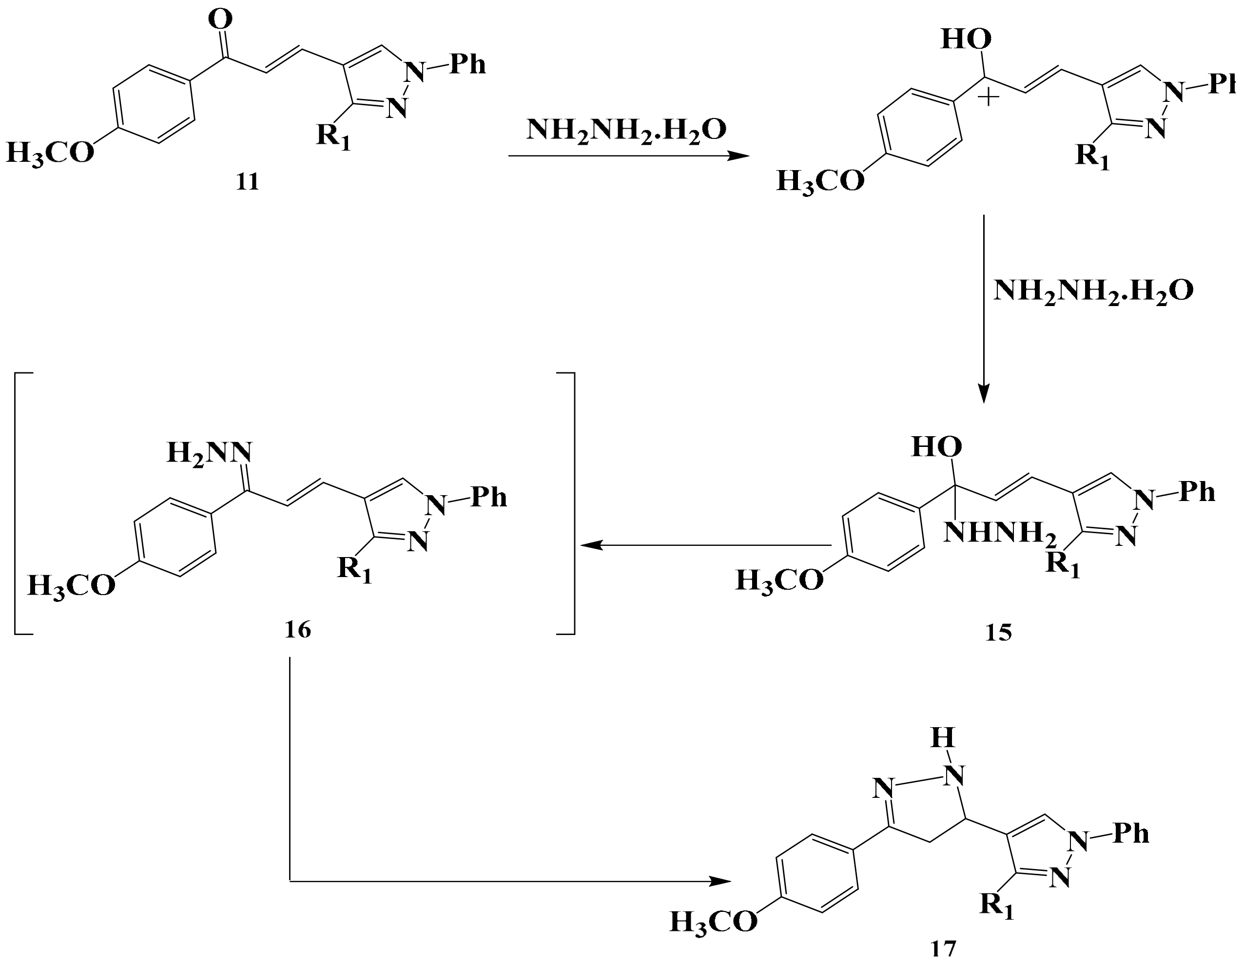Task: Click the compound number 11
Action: [248, 182]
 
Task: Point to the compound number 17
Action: [943, 948]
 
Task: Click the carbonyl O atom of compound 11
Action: [220, 20]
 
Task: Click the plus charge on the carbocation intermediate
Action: [989, 97]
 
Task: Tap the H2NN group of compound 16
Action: [209, 453]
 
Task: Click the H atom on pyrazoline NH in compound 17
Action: [943, 738]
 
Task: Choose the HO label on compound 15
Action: [937, 447]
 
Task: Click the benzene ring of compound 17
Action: [816, 877]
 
